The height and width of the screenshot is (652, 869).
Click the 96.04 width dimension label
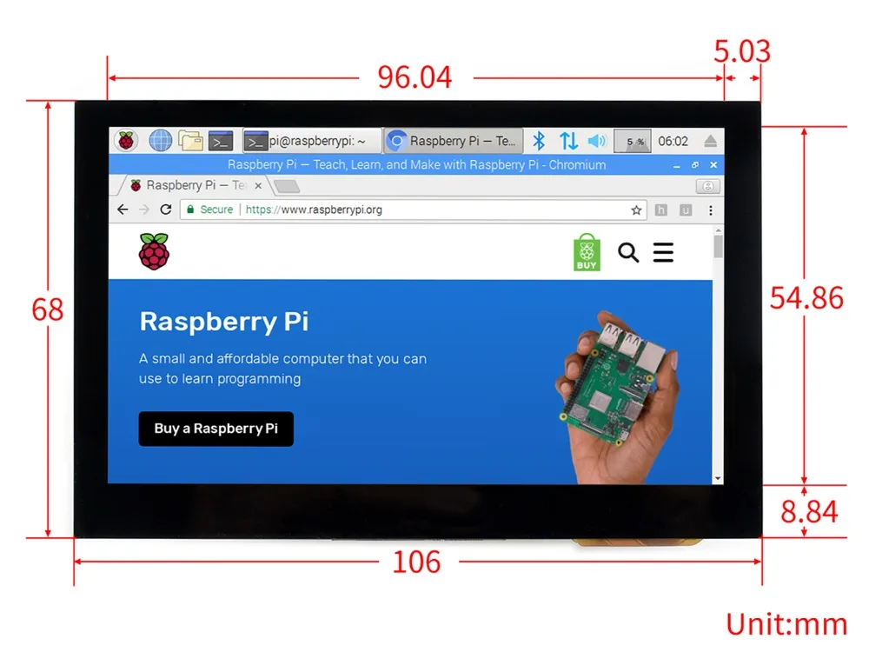click(415, 77)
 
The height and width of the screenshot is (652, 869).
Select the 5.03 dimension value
click(742, 52)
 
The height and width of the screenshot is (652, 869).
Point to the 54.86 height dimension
click(806, 298)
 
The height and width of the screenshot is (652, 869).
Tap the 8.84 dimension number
click(809, 511)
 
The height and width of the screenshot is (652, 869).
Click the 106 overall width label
click(416, 562)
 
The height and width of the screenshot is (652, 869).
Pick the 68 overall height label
click(48, 309)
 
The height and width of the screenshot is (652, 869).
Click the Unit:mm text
click(786, 623)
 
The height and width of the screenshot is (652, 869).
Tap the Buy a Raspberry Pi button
click(216, 429)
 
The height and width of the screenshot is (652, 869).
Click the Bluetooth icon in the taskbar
click(539, 140)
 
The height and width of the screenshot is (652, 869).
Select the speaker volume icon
click(596, 140)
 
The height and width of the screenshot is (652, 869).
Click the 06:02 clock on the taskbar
click(673, 141)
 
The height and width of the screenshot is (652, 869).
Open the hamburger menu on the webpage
click(663, 252)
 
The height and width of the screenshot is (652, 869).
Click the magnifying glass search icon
click(628, 252)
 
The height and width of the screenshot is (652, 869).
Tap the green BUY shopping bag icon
click(587, 252)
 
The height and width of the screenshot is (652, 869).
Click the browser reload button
click(166, 210)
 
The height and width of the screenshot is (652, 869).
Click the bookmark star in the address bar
click(636, 210)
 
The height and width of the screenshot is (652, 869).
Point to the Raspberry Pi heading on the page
click(223, 322)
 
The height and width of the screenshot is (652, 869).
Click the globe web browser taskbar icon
click(161, 140)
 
